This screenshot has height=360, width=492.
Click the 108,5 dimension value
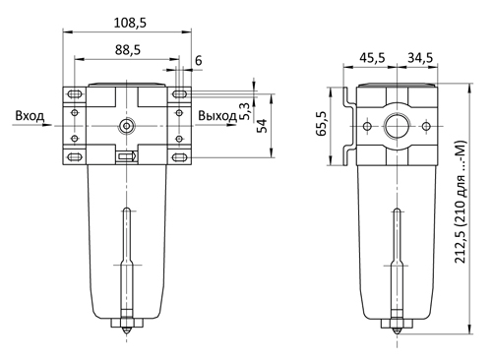(x=130, y=23)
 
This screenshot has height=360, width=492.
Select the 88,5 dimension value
(x=128, y=50)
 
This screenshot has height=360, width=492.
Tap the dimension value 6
(x=199, y=61)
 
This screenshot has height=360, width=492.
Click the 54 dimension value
(x=262, y=126)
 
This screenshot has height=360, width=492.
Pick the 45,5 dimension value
(x=372, y=58)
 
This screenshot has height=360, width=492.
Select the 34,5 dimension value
(x=420, y=58)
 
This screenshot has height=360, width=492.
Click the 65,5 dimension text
(x=322, y=123)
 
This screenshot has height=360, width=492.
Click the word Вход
(x=30, y=116)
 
